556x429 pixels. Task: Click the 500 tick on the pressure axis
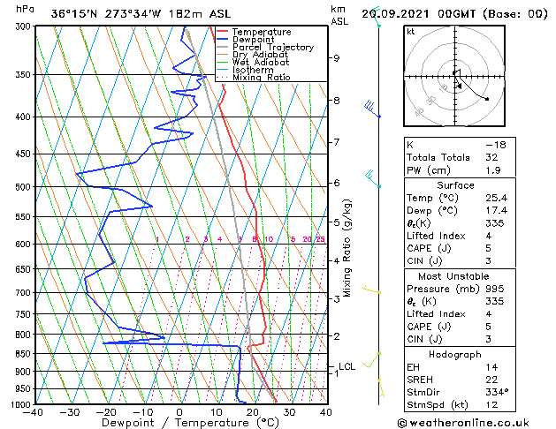(23, 187)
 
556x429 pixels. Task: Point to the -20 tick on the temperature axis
(106, 411)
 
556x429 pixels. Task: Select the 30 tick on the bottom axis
(289, 411)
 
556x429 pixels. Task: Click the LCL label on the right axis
(347, 366)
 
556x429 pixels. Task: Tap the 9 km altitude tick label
(337, 58)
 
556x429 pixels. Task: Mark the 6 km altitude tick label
(337, 183)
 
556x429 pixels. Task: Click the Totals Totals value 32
(491, 157)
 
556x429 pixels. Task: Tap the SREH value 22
(491, 380)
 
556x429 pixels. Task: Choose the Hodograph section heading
(455, 354)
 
